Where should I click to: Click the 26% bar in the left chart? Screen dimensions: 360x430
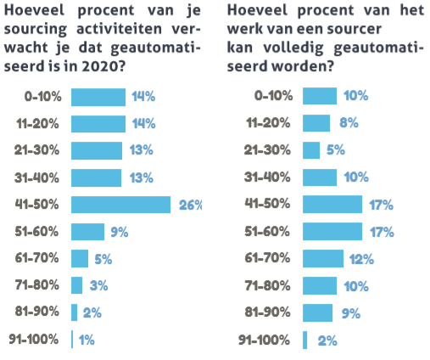click(121, 205)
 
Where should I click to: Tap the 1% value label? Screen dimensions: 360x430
click(86, 340)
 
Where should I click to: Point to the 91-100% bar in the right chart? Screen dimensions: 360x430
click(305, 340)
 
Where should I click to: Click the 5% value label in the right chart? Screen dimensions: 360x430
click(337, 150)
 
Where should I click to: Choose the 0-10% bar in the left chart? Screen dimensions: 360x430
click(98, 96)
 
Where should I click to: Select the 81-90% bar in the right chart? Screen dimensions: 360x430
click(317, 313)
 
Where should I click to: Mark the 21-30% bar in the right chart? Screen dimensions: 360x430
click(311, 150)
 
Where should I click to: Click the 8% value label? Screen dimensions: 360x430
click(346, 123)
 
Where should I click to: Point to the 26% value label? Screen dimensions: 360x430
click(190, 205)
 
